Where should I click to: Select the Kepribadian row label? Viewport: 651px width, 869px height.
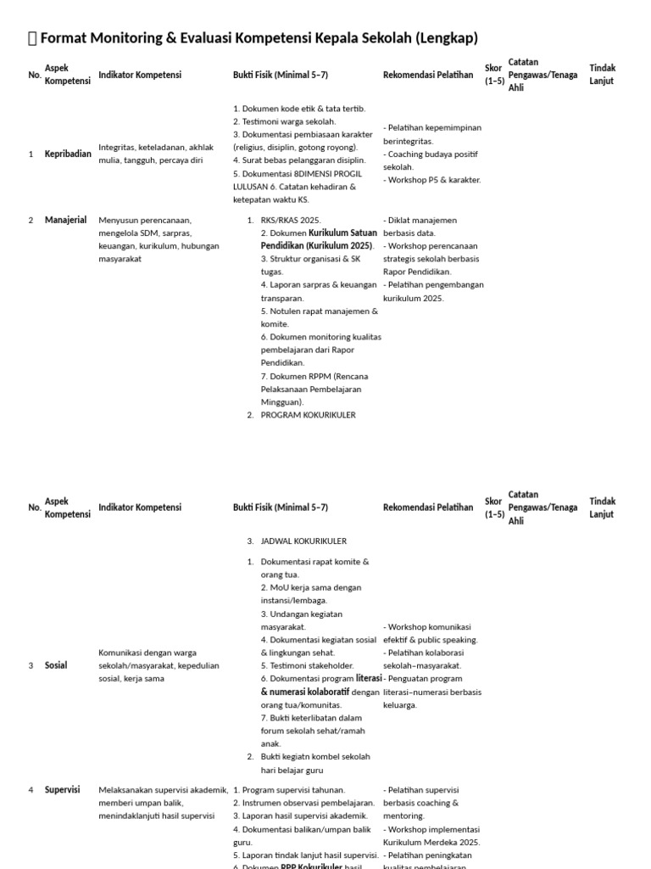point(68,154)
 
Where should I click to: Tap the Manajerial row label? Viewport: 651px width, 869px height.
point(65,220)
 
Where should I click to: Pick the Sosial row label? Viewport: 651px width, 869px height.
point(56,665)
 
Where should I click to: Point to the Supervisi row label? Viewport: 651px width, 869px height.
point(62,789)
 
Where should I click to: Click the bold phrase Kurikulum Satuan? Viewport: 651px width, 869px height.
point(342,233)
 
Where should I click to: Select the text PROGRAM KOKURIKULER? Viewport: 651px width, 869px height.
point(308,415)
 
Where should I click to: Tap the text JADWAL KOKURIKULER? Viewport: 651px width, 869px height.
point(303,541)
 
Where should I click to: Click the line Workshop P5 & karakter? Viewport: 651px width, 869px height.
point(432,180)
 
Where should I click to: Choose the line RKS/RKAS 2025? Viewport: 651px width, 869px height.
point(285,220)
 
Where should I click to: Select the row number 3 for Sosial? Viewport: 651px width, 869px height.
point(31,665)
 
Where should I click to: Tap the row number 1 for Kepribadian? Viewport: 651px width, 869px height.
point(31,154)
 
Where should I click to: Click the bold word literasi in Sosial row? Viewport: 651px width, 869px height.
point(368,678)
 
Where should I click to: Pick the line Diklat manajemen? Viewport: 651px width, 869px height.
point(420,220)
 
